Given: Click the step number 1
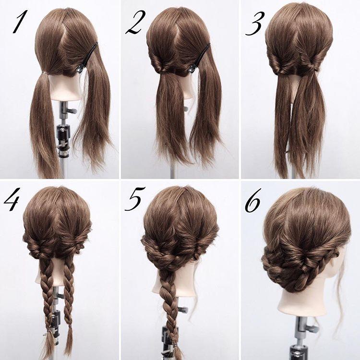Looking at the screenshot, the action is click(x=20, y=21).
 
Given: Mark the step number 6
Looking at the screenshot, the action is click(x=253, y=200).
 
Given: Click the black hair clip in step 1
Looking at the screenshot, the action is click(x=87, y=58).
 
